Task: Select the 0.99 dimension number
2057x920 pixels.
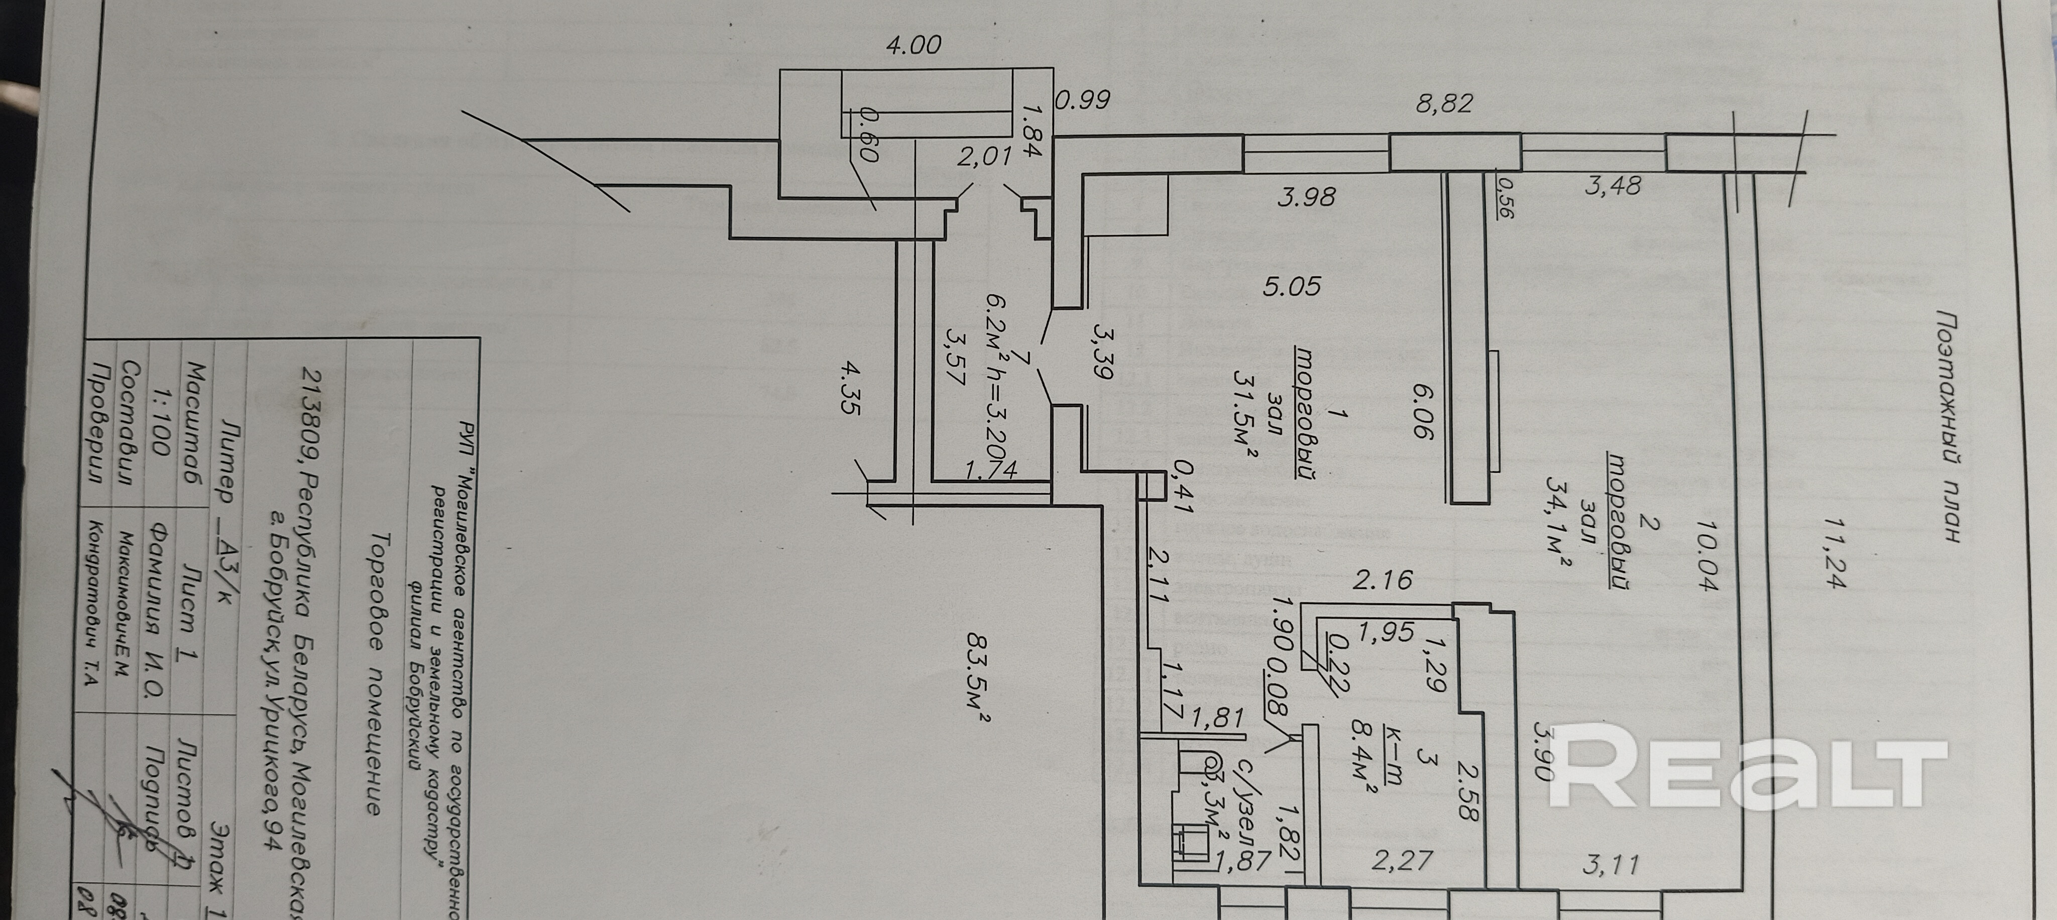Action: [1082, 100]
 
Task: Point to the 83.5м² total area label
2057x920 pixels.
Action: [977, 678]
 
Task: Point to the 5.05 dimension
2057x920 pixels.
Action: [1291, 286]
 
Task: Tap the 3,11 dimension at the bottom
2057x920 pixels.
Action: [1611, 864]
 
